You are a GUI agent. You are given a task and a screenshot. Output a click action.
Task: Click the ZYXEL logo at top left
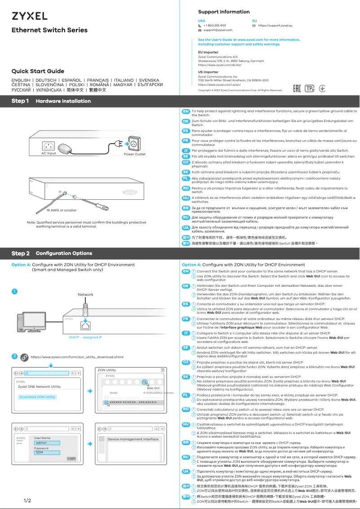click(x=29, y=16)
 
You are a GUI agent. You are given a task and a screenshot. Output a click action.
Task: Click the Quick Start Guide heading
click(x=38, y=71)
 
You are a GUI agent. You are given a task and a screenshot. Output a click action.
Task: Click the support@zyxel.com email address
click(x=218, y=30)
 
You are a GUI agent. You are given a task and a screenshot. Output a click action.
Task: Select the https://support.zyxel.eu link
click(x=275, y=26)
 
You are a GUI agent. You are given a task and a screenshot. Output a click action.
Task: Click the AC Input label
click(x=48, y=154)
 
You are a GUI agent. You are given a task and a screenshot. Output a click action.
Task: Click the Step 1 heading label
click(x=21, y=101)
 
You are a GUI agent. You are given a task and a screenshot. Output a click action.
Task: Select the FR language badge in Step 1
click(x=185, y=140)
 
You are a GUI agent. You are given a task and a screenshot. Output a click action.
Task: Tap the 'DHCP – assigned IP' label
click(x=85, y=337)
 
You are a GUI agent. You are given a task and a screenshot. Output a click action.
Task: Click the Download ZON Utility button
click(x=38, y=397)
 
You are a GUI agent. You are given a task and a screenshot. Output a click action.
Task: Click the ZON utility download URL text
click(x=77, y=357)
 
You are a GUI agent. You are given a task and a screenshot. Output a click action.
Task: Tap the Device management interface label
click(x=133, y=439)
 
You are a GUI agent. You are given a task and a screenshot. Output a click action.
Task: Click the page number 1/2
click(x=27, y=500)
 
